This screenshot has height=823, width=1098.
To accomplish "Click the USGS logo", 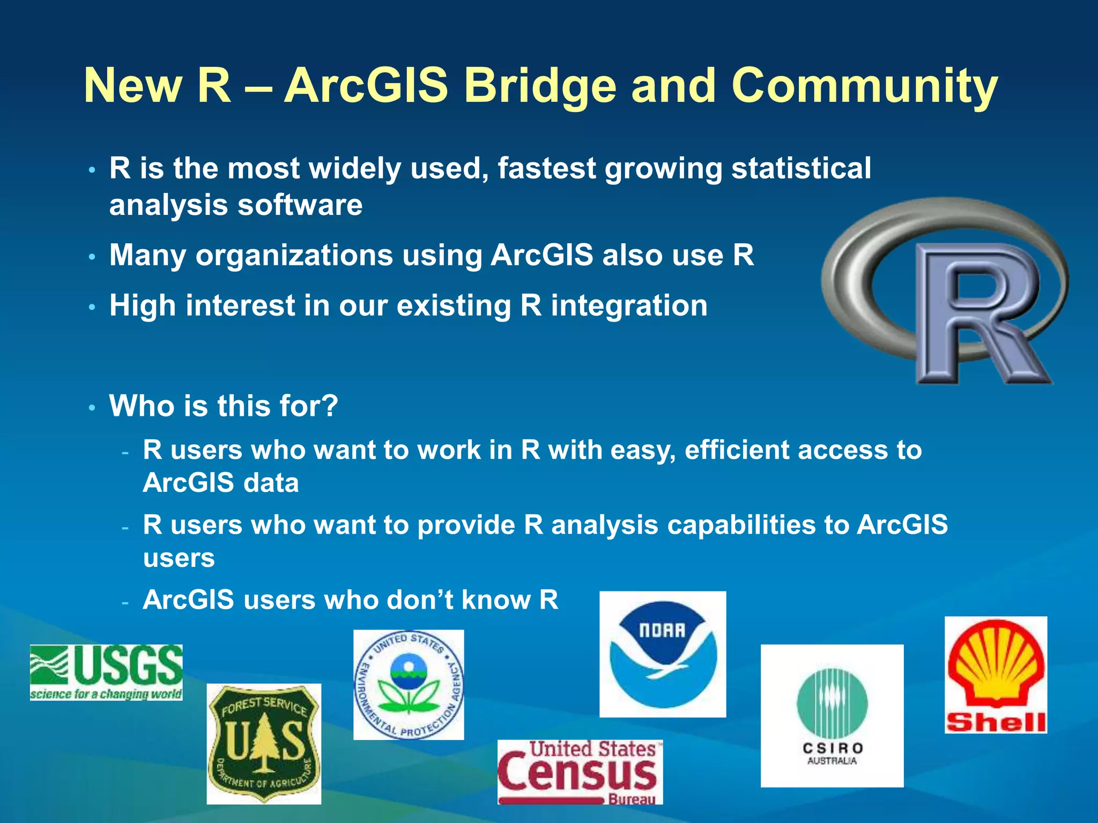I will (x=106, y=672).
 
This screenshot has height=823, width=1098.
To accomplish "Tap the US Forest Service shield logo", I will (x=264, y=744).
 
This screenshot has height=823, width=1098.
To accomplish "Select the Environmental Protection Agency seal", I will (x=409, y=685).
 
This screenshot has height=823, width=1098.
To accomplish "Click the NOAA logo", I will (x=663, y=654).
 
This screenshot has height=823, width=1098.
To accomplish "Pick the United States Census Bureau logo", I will (x=580, y=772).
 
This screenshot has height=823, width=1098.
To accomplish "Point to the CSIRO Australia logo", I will (x=832, y=716).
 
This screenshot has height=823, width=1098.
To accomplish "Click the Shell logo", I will (x=996, y=675).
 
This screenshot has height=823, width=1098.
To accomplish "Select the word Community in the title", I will (x=864, y=86).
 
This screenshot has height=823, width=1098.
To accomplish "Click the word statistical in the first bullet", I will (x=801, y=168).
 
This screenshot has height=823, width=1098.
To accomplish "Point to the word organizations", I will (x=294, y=255).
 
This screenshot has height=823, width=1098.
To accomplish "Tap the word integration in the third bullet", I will (x=629, y=306).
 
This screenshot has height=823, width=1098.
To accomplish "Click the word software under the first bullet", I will (x=300, y=205).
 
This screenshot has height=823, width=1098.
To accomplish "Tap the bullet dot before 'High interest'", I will (x=92, y=308).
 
